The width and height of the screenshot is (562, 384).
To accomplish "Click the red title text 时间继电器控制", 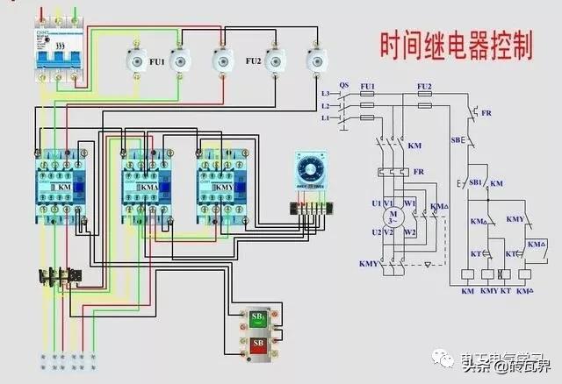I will point(456,46).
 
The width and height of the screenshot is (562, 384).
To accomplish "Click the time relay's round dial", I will point(313,167).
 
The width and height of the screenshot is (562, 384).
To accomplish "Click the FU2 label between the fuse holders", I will point(253,63).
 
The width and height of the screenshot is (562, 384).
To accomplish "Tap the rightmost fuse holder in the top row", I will point(315,60).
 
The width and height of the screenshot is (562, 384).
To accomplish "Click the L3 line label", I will point(326,93).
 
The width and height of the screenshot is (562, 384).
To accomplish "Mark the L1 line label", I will point(326,117).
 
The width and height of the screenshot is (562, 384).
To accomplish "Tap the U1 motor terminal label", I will point(376,203).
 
